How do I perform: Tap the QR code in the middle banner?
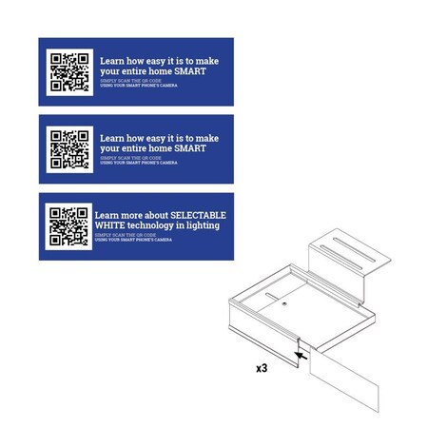[x=69, y=148]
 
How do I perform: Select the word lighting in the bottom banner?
[x=200, y=226]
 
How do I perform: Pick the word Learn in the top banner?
[x=113, y=60]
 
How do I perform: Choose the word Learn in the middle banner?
[x=113, y=137]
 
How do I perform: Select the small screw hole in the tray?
[x=284, y=306]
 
